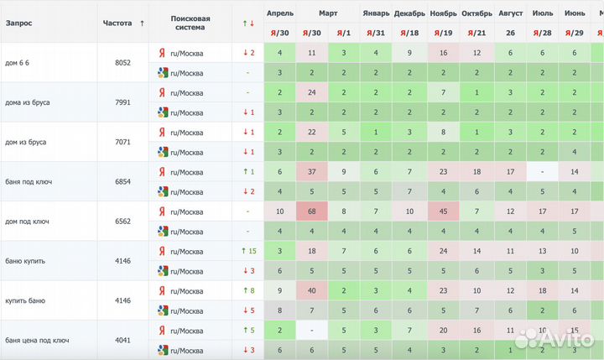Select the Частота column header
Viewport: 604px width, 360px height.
pyautogui.click(x=117, y=23)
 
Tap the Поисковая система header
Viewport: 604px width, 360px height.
pyautogui.click(x=190, y=23)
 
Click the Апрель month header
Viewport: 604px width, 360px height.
pyautogui.click(x=279, y=13)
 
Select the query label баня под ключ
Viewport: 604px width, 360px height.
pyautogui.click(x=28, y=181)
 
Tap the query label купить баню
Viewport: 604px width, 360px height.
pyautogui.click(x=25, y=300)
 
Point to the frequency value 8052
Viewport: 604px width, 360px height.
pyautogui.click(x=122, y=62)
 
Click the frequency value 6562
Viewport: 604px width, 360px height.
pyautogui.click(x=122, y=221)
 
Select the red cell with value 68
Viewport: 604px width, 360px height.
pyautogui.click(x=311, y=211)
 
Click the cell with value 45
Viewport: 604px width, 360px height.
pyautogui.click(x=443, y=211)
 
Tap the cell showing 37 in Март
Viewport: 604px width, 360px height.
pyautogui.click(x=311, y=171)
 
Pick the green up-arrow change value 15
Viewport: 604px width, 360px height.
pyautogui.click(x=247, y=251)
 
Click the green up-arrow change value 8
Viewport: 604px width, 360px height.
pyautogui.click(x=247, y=290)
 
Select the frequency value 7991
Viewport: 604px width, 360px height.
pyautogui.click(x=122, y=102)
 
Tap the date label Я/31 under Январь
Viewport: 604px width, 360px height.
pyautogui.click(x=376, y=32)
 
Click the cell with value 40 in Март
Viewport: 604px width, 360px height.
pyautogui.click(x=311, y=290)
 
